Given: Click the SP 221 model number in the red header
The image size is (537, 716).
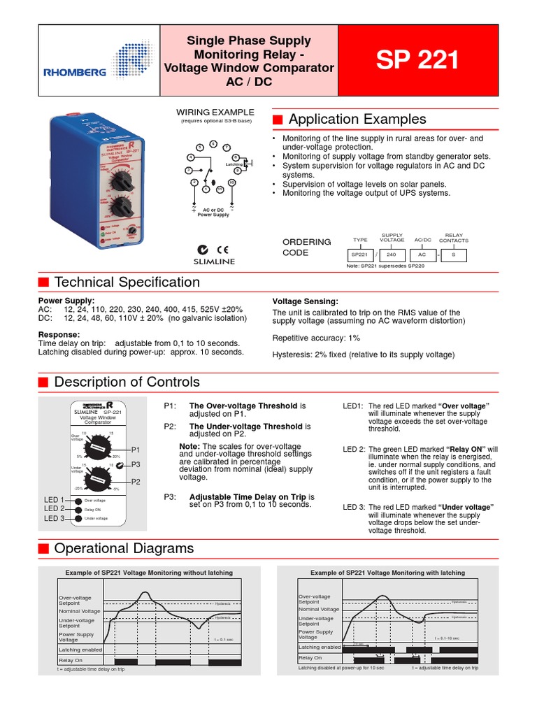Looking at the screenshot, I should [x=418, y=61].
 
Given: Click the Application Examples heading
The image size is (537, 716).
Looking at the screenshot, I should [x=357, y=119].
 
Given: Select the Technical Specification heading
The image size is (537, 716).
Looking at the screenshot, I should [x=127, y=282].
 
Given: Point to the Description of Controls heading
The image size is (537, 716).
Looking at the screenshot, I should [x=127, y=382].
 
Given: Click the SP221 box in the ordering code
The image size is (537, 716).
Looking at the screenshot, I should [x=359, y=255].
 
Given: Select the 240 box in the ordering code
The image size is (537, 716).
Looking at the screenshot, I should [x=392, y=255].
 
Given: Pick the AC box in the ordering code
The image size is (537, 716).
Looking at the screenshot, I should [x=422, y=255].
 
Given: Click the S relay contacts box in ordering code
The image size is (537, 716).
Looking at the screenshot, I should [x=453, y=255].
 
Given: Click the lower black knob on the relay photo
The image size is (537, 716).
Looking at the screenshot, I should [x=124, y=207].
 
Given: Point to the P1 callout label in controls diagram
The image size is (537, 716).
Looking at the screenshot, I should [x=136, y=450].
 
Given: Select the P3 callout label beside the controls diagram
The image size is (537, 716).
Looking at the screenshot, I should [x=136, y=464].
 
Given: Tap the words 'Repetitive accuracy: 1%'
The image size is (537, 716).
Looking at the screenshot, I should [x=316, y=338].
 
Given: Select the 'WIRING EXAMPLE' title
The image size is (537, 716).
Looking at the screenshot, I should [x=215, y=112].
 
